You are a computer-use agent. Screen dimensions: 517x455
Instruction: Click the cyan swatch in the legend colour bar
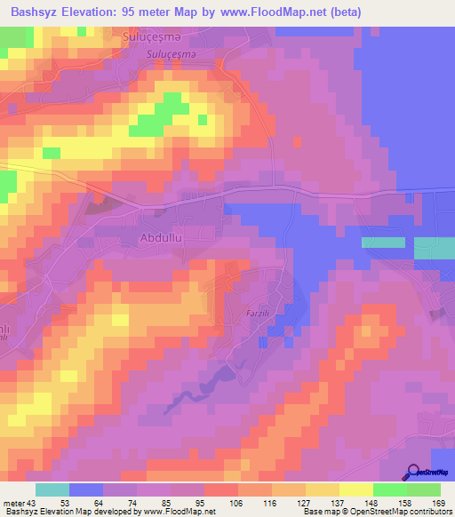[x=52, y=489]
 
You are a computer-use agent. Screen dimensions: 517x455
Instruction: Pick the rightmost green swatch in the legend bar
[x=424, y=489]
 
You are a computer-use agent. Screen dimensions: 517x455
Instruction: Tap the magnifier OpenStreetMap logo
[x=412, y=472]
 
